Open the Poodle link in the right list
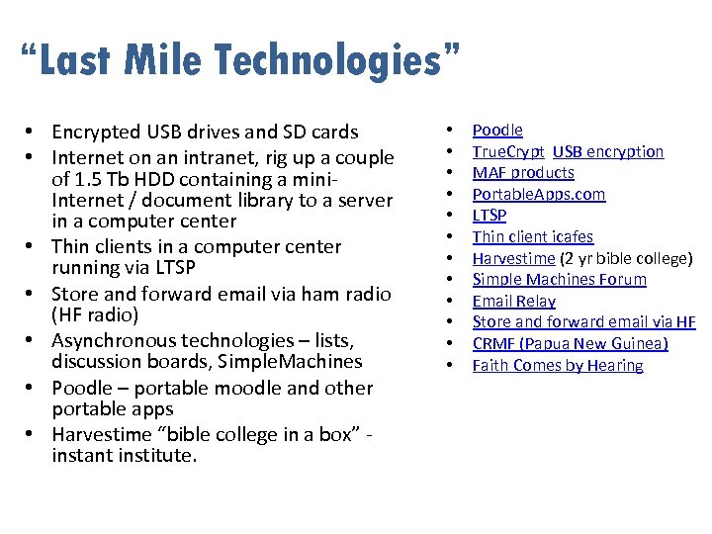(497, 130)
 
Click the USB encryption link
(608, 151)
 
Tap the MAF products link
(523, 173)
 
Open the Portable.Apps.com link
(539, 194)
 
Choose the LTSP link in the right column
(489, 215)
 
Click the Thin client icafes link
(533, 236)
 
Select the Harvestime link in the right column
(513, 258)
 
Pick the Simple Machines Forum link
(560, 279)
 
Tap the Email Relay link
(514, 301)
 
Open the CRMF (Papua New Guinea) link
(571, 343)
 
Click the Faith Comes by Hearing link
(558, 365)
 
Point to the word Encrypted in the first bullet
(94, 132)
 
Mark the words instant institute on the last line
(125, 455)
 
